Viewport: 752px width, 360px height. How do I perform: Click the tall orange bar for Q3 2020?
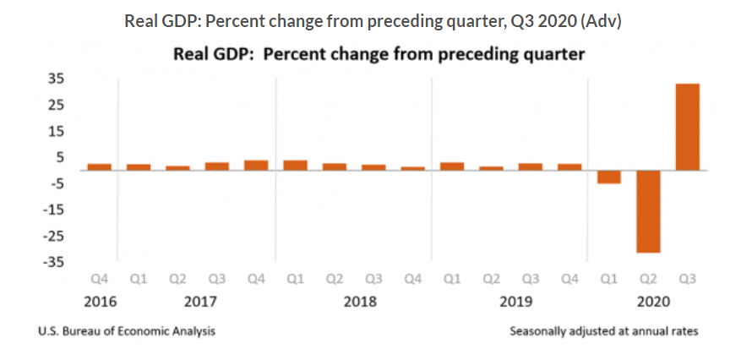687,127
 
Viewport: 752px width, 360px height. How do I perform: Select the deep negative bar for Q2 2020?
648,211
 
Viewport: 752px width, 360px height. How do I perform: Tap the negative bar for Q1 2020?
608,177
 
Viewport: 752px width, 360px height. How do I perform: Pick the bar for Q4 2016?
100,166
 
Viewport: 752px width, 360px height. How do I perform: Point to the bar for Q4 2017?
256,165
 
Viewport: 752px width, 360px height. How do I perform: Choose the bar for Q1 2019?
452,166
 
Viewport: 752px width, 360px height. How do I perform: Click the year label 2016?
100,301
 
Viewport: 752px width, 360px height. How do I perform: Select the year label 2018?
360,301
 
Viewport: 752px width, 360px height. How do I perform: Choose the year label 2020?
648,301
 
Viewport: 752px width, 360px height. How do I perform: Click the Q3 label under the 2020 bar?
687,278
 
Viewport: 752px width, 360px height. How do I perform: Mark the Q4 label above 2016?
100,278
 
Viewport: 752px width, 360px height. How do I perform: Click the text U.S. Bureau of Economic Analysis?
127,331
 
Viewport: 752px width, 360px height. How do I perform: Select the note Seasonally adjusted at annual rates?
604,331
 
